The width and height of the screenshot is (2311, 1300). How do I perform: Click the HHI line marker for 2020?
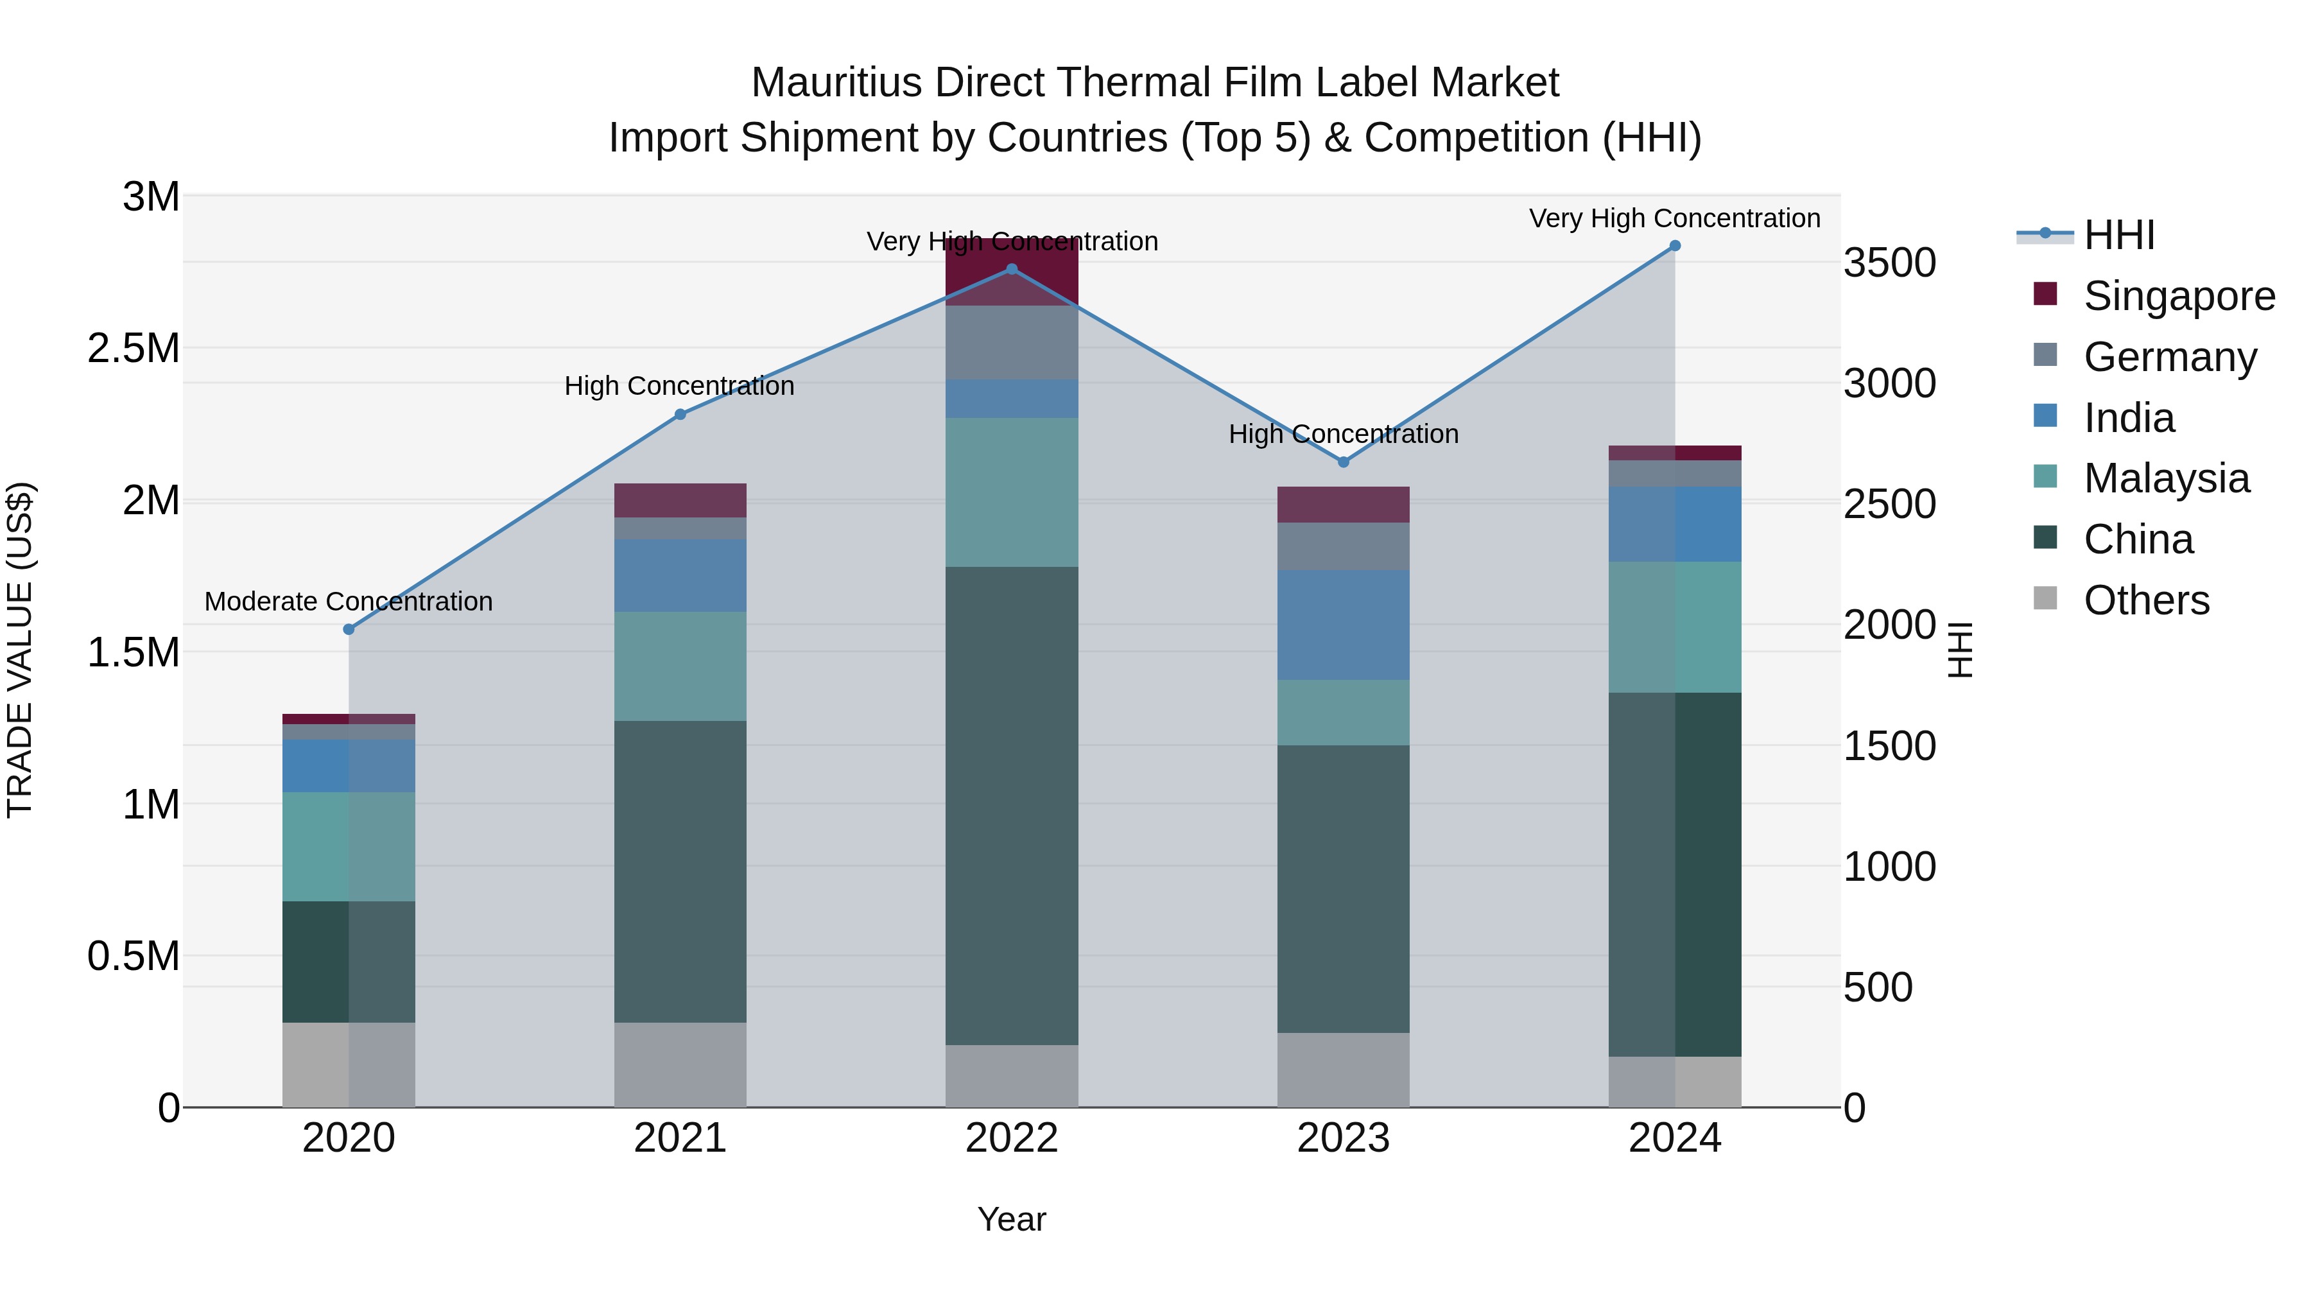click(x=349, y=629)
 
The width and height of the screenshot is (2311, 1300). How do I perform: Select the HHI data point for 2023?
click(x=1343, y=462)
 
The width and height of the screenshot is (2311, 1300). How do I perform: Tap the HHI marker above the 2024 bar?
click(x=1674, y=246)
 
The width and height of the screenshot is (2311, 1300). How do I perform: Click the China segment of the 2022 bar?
click(x=1011, y=805)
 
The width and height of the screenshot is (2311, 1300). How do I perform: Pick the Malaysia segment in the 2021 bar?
click(x=679, y=666)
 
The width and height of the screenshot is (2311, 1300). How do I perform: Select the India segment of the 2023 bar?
click(x=1343, y=625)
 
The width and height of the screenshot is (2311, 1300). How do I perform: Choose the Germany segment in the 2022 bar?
click(x=1011, y=343)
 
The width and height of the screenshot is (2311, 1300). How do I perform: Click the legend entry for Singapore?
click(x=2178, y=296)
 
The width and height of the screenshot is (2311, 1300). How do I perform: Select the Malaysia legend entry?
click(x=2166, y=478)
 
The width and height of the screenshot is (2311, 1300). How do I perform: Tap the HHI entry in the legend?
click(x=2118, y=235)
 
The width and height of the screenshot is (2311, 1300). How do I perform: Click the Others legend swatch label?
click(x=2146, y=600)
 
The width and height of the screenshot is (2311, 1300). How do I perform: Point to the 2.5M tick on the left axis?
click(x=133, y=348)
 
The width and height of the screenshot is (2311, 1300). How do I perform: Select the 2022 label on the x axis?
click(x=1011, y=1138)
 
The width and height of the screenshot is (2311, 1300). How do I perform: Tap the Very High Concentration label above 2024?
click(x=1674, y=218)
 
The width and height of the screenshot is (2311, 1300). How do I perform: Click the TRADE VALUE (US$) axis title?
click(x=20, y=650)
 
